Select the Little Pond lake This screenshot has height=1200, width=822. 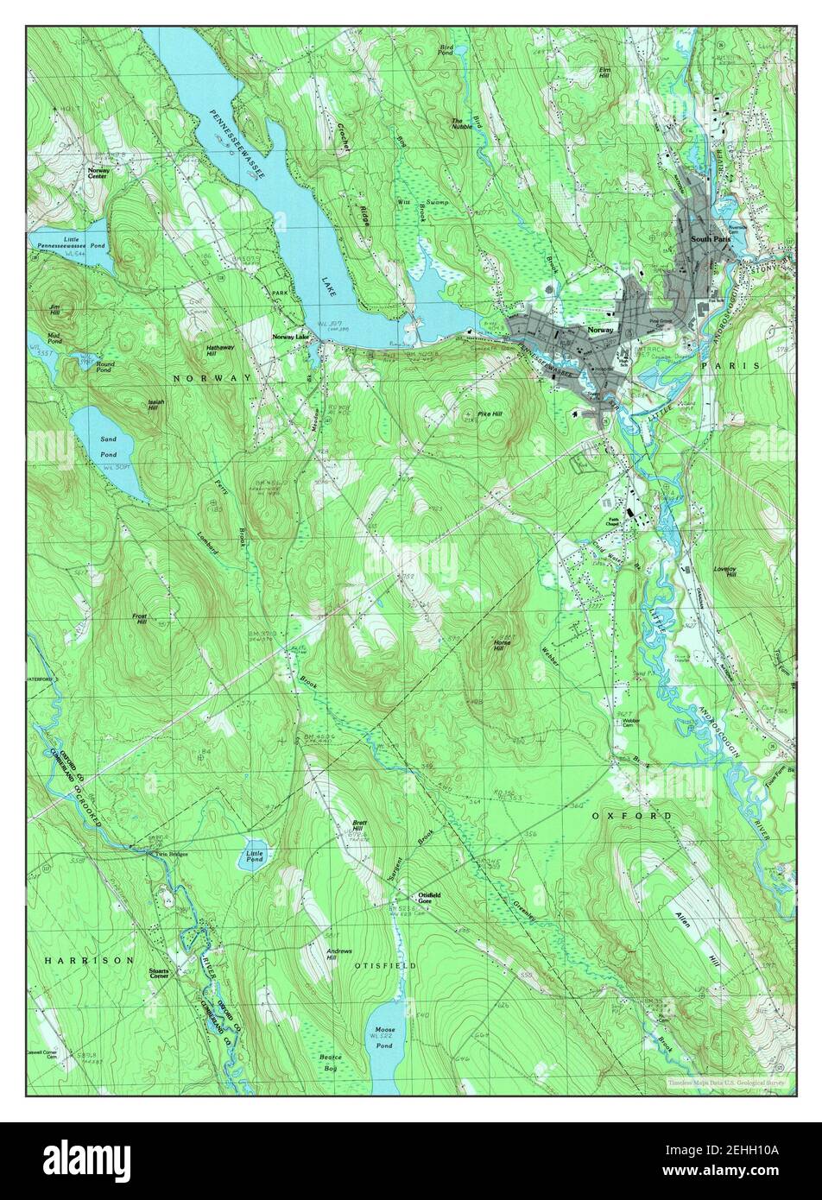254,855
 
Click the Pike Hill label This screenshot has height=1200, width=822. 490,414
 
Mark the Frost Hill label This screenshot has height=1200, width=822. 139,618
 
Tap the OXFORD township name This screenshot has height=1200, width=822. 631,815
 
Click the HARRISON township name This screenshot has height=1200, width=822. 90,959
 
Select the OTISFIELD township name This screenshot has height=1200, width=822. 385,965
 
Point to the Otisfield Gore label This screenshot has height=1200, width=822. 429,898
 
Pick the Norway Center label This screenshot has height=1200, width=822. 98,174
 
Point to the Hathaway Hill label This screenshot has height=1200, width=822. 219,350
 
